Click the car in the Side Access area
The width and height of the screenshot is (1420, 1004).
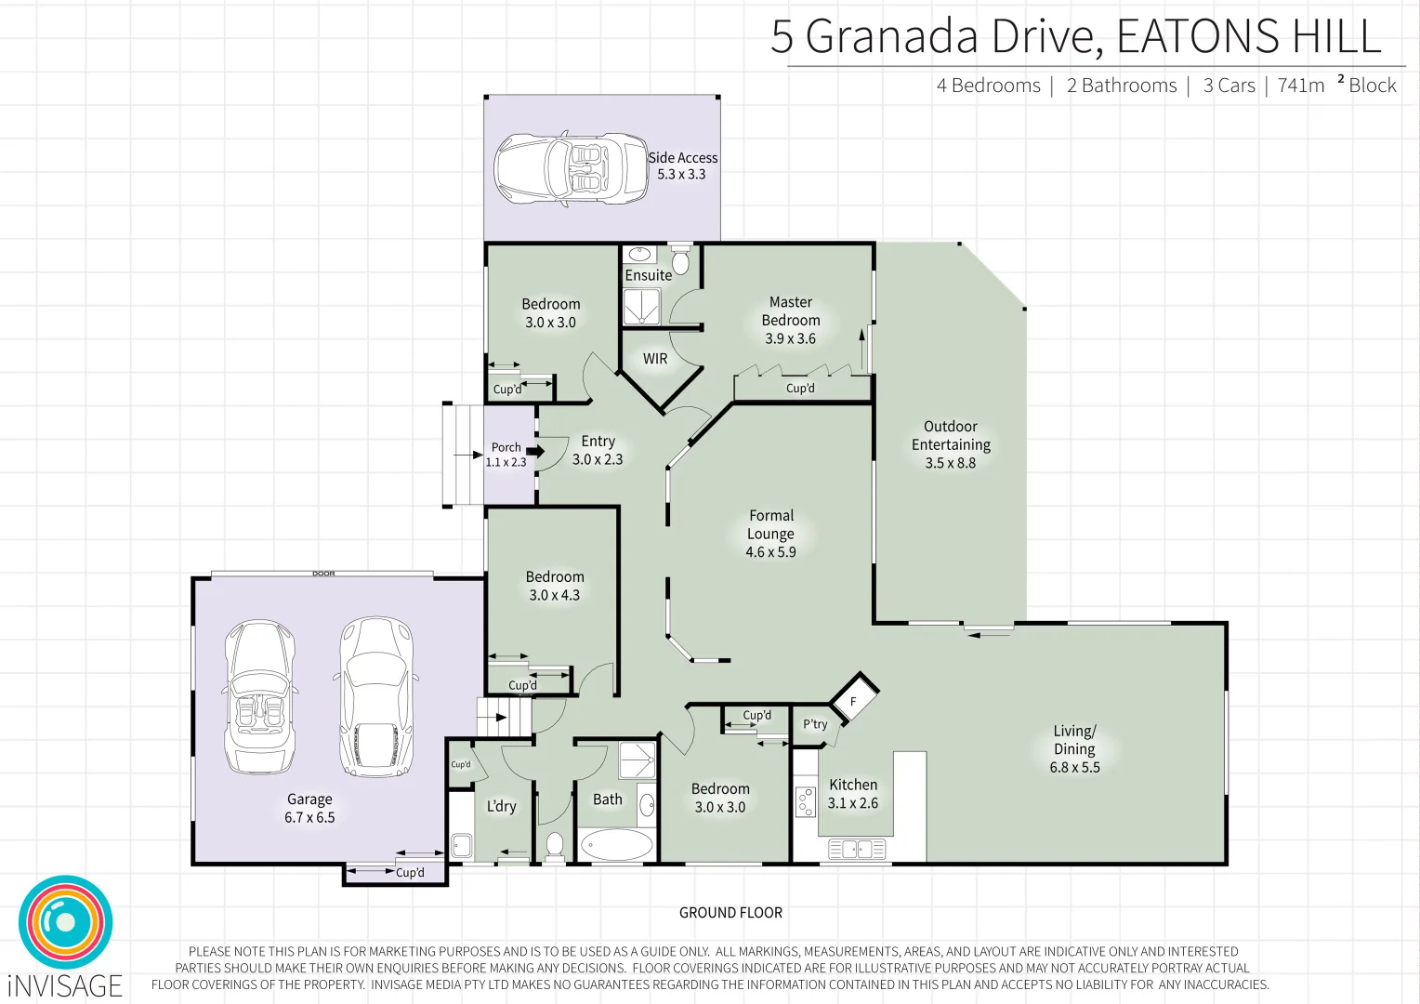pyautogui.click(x=570, y=168)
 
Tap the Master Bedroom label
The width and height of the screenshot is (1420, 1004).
pyautogui.click(x=791, y=311)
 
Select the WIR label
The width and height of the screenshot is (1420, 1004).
pyautogui.click(x=655, y=359)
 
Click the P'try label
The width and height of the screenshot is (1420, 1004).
pyautogui.click(x=815, y=724)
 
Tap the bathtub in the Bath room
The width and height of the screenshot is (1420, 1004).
pyautogui.click(x=616, y=846)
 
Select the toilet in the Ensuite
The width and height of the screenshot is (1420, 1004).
pyautogui.click(x=680, y=261)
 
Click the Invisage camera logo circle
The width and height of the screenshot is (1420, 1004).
pyautogui.click(x=65, y=922)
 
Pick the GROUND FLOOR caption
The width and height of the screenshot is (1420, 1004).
pyautogui.click(x=730, y=913)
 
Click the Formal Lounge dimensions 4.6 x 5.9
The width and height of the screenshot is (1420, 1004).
pyautogui.click(x=770, y=552)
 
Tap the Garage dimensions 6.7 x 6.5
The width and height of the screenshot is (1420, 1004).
pyautogui.click(x=309, y=818)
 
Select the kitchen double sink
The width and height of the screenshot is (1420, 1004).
pyautogui.click(x=857, y=849)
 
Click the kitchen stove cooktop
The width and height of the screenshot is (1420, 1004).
pyautogui.click(x=805, y=802)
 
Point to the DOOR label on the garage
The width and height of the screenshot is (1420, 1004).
pyautogui.click(x=323, y=574)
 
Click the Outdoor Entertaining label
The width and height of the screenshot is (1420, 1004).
pyautogui.click(x=951, y=436)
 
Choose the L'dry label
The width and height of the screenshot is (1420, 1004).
pyautogui.click(x=501, y=807)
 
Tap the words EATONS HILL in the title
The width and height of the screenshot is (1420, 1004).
pyautogui.click(x=1248, y=37)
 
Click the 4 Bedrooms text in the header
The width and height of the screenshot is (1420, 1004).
pyautogui.click(x=988, y=86)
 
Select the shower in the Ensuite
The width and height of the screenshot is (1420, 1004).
pyautogui.click(x=641, y=306)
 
